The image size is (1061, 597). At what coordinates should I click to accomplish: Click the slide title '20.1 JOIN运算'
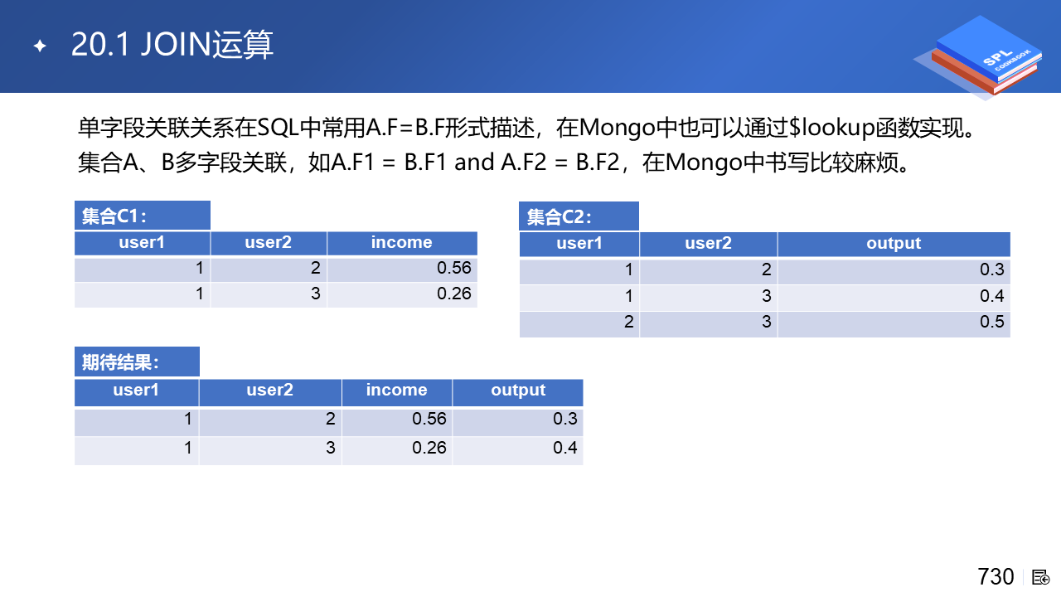[x=172, y=45]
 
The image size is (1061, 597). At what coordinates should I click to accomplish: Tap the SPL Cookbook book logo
[x=980, y=57]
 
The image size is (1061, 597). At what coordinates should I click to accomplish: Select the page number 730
[x=996, y=577]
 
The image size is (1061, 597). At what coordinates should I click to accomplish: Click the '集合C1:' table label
[x=114, y=216]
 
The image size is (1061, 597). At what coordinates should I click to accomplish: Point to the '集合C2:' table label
[x=560, y=217]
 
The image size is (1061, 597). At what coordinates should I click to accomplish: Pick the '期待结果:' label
[x=120, y=362]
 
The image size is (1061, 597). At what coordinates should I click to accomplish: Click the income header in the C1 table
[x=402, y=243]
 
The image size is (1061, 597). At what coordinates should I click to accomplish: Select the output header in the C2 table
[x=894, y=244]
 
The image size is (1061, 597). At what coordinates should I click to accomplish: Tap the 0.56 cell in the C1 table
[x=453, y=268]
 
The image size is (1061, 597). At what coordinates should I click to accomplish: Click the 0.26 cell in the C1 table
[x=453, y=294]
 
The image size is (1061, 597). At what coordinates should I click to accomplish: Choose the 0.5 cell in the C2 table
[x=992, y=323]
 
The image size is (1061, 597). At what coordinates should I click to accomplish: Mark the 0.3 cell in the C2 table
[x=992, y=270]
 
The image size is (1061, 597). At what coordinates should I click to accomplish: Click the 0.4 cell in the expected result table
[x=565, y=448]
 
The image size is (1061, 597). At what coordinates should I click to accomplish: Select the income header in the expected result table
[x=396, y=390]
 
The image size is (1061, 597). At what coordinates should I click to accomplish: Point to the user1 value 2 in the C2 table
[x=628, y=323]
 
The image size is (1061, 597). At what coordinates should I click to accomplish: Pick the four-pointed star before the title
[x=40, y=46]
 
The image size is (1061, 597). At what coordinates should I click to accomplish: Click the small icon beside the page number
[x=1040, y=578]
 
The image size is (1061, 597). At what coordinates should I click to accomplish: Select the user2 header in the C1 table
[x=268, y=243]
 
